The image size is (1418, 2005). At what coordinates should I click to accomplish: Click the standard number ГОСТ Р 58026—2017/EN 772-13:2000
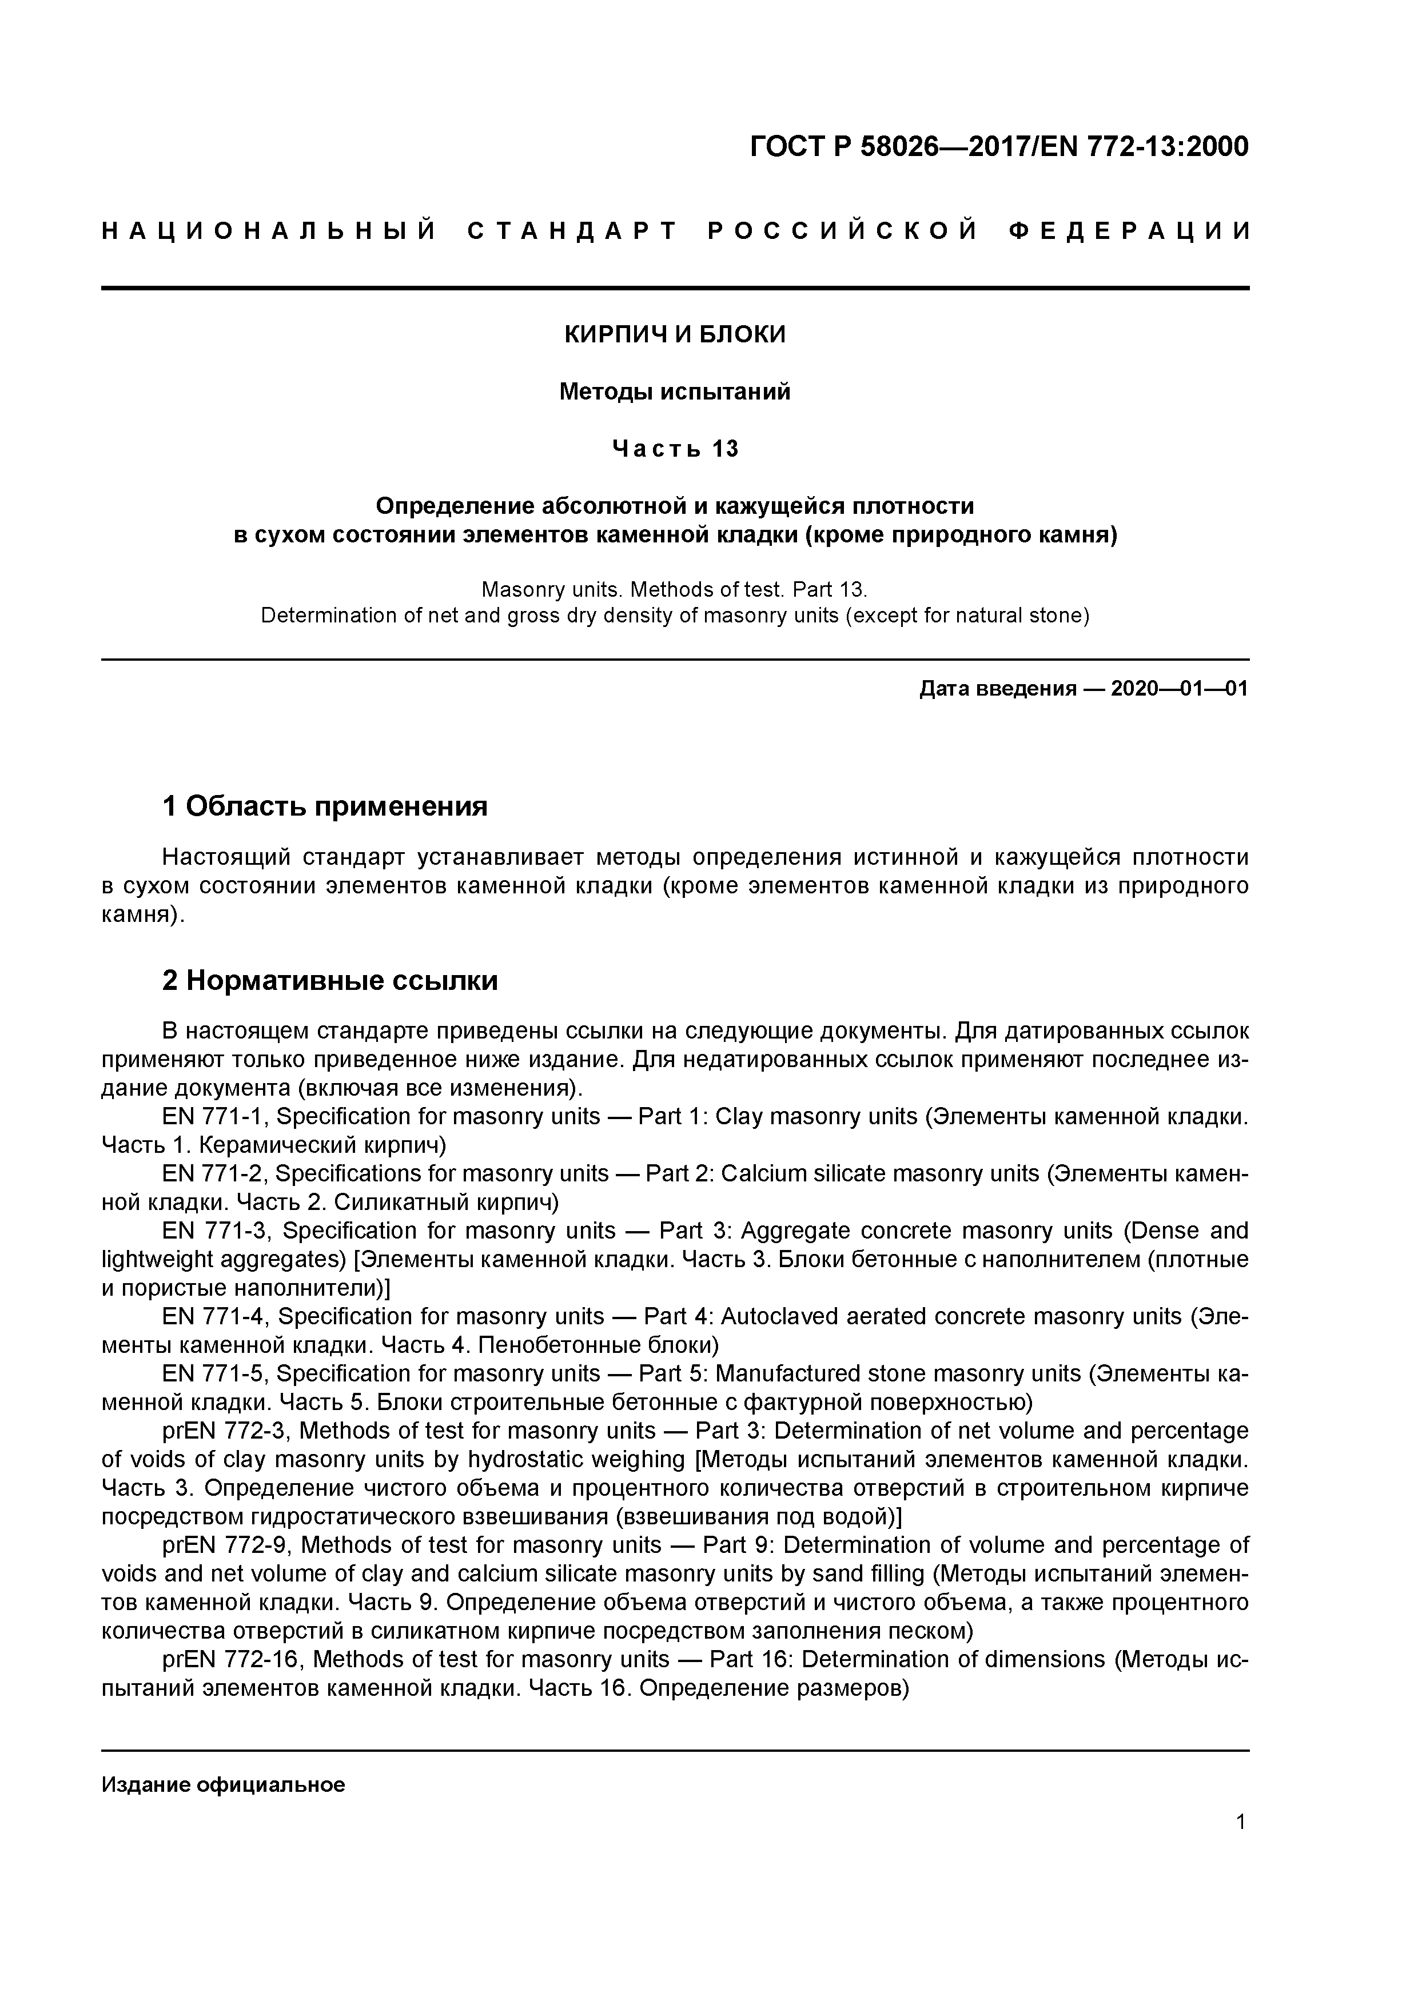(x=999, y=147)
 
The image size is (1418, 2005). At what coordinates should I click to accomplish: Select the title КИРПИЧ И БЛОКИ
(x=675, y=334)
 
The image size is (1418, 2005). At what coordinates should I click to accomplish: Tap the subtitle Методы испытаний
(x=675, y=392)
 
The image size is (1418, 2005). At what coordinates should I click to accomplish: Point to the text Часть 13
(x=675, y=449)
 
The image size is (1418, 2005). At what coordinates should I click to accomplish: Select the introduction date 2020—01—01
(x=1178, y=689)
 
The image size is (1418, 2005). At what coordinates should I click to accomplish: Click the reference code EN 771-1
(x=213, y=1117)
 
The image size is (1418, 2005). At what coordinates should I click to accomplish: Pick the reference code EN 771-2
(x=213, y=1173)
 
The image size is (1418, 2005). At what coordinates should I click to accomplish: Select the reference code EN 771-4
(x=213, y=1317)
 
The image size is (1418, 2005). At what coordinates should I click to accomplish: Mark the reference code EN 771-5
(x=213, y=1373)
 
